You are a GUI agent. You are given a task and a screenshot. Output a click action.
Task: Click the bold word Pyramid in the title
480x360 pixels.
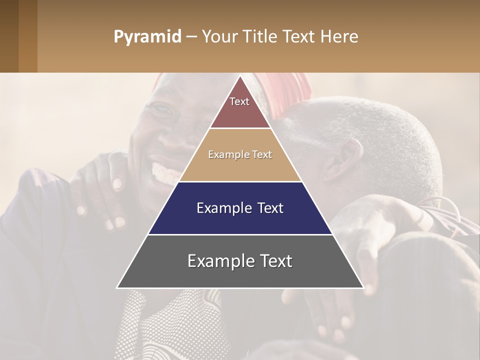pos(147,37)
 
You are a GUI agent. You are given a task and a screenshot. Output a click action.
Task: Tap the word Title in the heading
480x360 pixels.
pos(260,37)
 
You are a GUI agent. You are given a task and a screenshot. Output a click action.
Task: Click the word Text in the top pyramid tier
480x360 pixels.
pos(239,101)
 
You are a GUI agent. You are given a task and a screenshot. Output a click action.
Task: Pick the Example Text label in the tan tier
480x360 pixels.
pos(240,154)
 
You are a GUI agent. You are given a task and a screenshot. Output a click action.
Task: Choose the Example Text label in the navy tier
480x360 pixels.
pos(240,208)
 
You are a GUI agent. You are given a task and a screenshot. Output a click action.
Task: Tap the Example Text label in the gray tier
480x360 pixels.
pos(240,261)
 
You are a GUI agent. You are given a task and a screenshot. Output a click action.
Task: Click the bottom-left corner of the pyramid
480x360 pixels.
pos(117,287)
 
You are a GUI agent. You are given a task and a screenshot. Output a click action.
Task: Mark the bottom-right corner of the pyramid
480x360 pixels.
pos(363,287)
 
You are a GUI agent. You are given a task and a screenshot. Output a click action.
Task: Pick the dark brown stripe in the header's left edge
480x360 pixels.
pos(9,36)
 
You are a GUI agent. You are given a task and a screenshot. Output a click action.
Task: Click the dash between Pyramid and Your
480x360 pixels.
pos(191,37)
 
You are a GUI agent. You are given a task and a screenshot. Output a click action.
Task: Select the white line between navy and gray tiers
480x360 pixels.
pos(240,234)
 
